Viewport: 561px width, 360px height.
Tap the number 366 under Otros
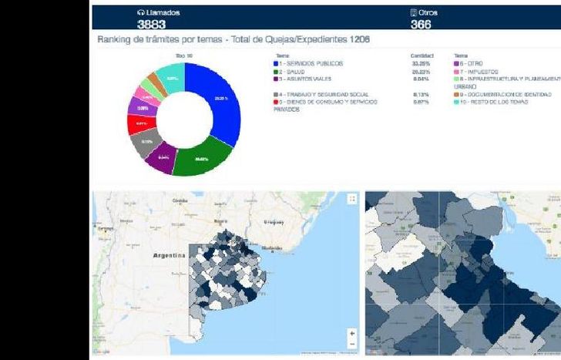(x=420, y=24)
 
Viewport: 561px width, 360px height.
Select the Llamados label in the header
(x=163, y=12)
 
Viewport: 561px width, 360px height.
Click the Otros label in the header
(x=428, y=12)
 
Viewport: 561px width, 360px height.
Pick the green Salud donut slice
(x=202, y=158)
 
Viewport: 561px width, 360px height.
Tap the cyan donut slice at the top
(x=172, y=77)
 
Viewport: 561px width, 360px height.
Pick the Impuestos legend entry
(x=484, y=71)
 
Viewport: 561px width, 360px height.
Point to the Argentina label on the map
(x=170, y=255)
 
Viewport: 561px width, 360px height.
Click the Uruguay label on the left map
(x=274, y=221)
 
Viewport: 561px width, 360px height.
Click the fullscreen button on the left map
(x=352, y=199)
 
